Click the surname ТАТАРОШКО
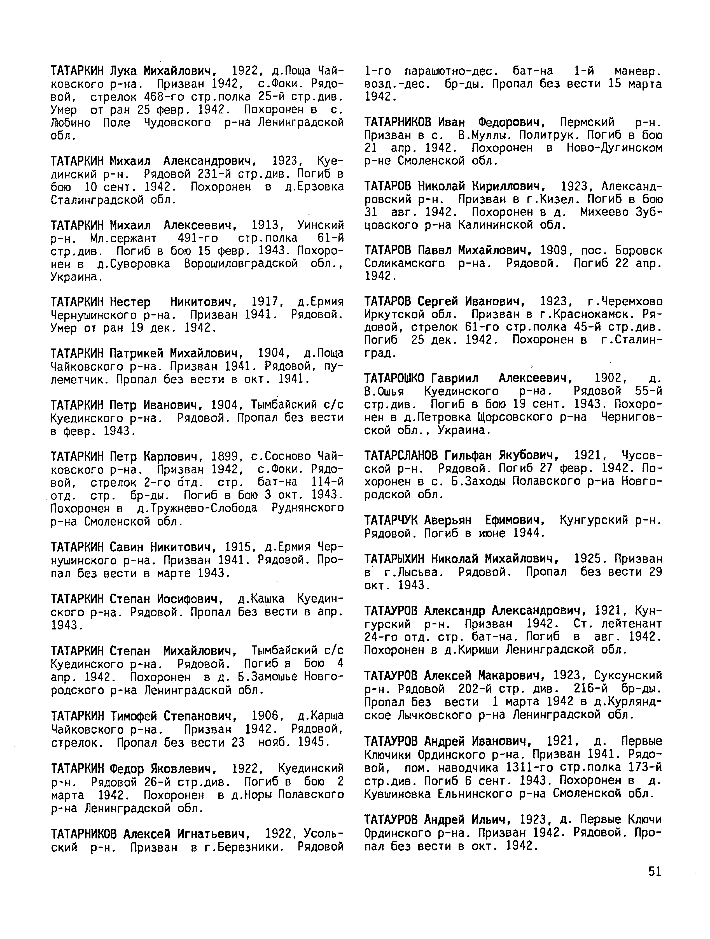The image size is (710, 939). coord(396,378)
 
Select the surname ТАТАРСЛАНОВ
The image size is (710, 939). coord(403,456)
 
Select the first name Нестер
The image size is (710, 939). coord(130,302)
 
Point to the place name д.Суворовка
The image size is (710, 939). coord(134,264)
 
